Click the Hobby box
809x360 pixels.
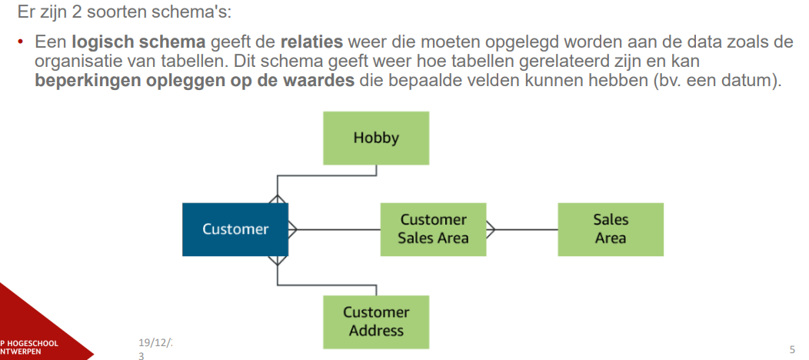[376, 138]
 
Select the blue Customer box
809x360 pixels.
[235, 228]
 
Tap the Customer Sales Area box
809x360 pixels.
[433, 228]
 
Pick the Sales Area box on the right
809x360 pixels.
[610, 228]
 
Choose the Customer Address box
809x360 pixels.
[376, 321]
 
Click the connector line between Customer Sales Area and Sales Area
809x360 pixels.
[527, 229]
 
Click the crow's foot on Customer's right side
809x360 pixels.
[292, 228]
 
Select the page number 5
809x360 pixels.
[792, 348]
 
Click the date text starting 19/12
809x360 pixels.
[155, 341]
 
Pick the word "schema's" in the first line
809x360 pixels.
[189, 12]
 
